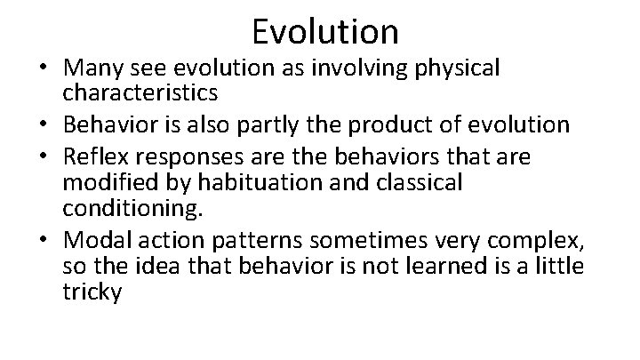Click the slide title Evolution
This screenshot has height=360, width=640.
324,31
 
